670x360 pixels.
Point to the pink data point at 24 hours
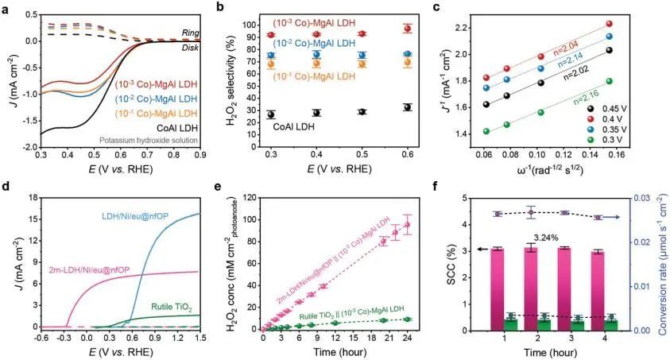411,225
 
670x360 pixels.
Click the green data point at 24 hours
411,319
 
